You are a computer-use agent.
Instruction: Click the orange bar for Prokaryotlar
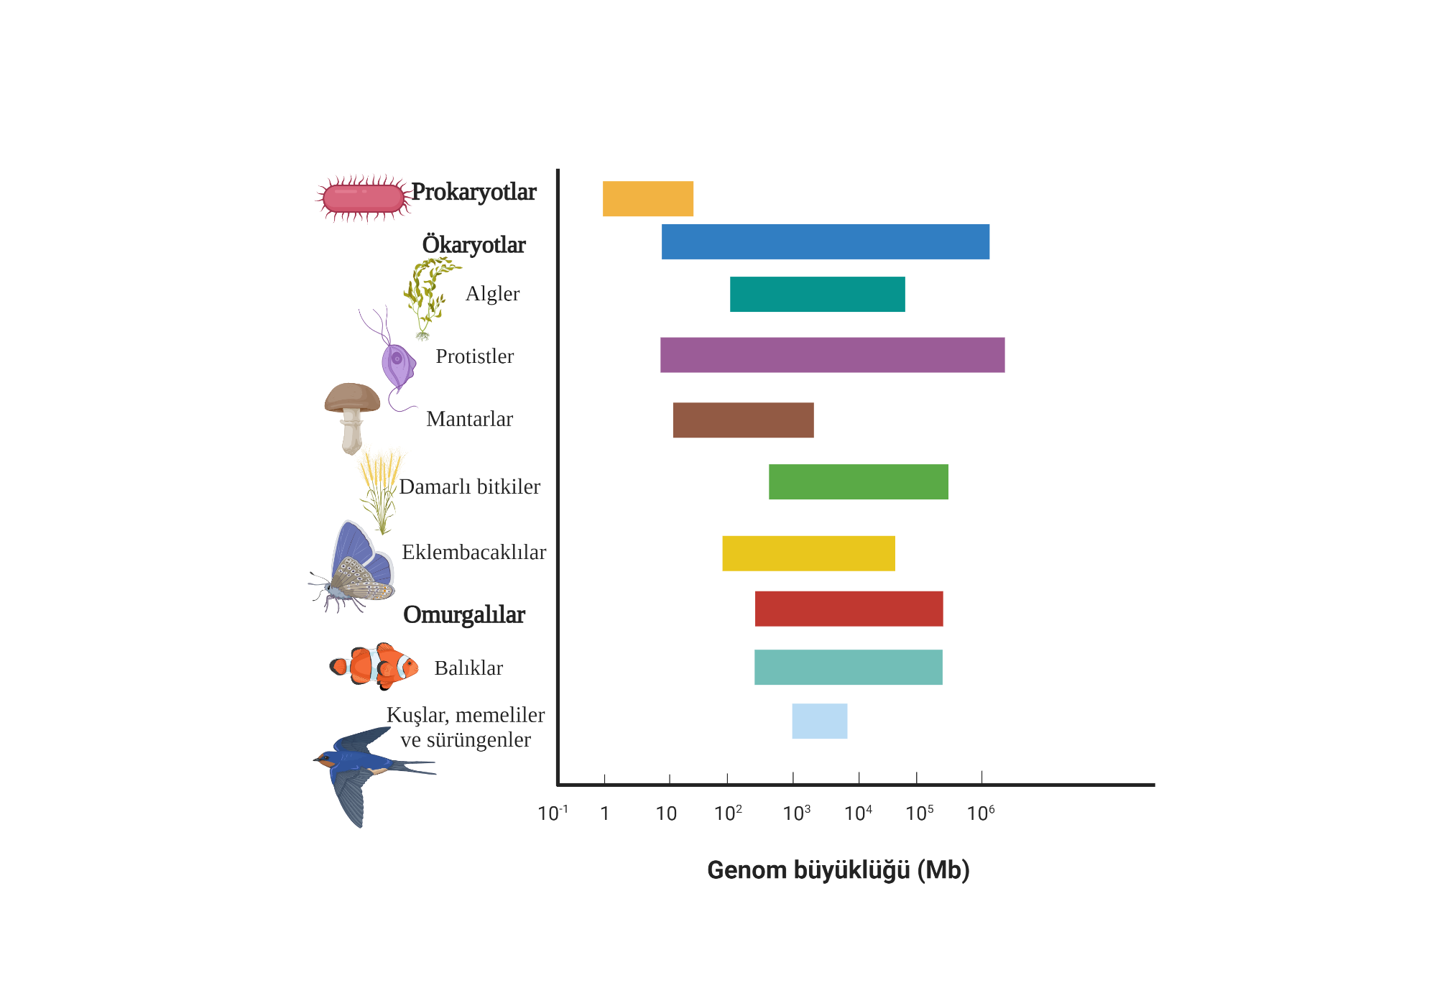point(647,198)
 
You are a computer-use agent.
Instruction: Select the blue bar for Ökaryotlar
point(825,241)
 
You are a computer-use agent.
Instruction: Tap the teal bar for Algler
point(817,294)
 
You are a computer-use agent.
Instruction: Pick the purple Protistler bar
point(832,355)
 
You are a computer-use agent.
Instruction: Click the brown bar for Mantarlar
point(743,420)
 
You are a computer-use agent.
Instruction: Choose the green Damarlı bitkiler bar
point(858,481)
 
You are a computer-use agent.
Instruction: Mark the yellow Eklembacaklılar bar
point(808,553)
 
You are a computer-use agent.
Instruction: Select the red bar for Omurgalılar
point(849,609)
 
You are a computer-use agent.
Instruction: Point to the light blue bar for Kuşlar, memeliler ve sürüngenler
point(819,721)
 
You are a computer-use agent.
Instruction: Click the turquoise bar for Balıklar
point(848,667)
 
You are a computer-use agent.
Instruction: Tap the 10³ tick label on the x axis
point(796,813)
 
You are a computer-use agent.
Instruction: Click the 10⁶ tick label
point(981,813)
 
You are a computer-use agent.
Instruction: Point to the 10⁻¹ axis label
point(553,813)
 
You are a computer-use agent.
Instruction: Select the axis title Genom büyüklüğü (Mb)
point(838,870)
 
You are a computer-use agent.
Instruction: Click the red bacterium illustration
point(363,198)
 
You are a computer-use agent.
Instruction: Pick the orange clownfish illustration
point(374,666)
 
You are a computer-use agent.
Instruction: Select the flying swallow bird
point(366,769)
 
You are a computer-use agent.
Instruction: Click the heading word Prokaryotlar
point(473,193)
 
